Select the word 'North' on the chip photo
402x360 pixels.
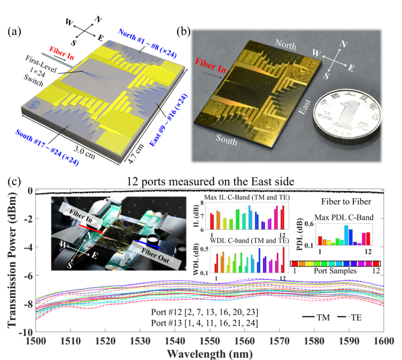pos(285,45)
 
